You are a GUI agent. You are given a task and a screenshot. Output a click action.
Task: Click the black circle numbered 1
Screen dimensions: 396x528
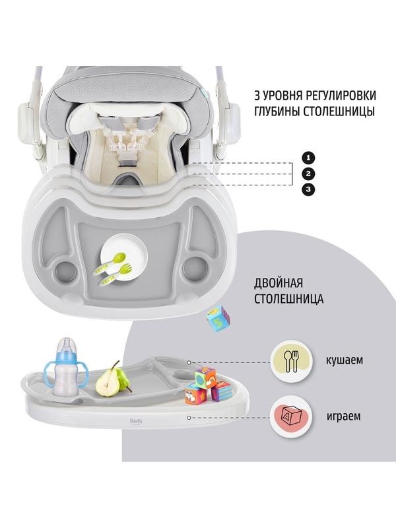point(308,158)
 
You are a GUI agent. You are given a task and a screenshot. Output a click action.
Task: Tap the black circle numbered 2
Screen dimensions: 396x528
point(308,174)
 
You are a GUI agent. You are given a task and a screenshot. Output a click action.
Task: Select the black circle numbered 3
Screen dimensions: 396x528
point(308,189)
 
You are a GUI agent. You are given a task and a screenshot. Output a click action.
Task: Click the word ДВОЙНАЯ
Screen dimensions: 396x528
point(279,283)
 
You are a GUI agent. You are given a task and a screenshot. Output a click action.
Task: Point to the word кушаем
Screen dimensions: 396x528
point(345,360)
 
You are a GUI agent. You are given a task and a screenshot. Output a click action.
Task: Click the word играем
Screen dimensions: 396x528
point(343,416)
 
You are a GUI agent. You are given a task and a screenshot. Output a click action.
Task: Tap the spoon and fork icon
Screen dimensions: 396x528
point(292,361)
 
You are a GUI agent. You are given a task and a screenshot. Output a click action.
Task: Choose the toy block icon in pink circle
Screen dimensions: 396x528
point(291,417)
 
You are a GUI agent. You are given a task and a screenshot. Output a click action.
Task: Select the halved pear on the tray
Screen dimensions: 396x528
point(108,381)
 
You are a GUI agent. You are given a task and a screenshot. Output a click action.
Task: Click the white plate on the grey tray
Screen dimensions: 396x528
point(123,256)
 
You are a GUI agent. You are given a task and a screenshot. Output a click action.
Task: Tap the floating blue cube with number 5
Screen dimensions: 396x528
point(218,318)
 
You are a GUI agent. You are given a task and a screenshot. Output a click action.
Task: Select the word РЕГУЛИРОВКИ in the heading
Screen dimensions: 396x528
point(341,95)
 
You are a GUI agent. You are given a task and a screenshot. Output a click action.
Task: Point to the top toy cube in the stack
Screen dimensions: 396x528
point(205,377)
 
